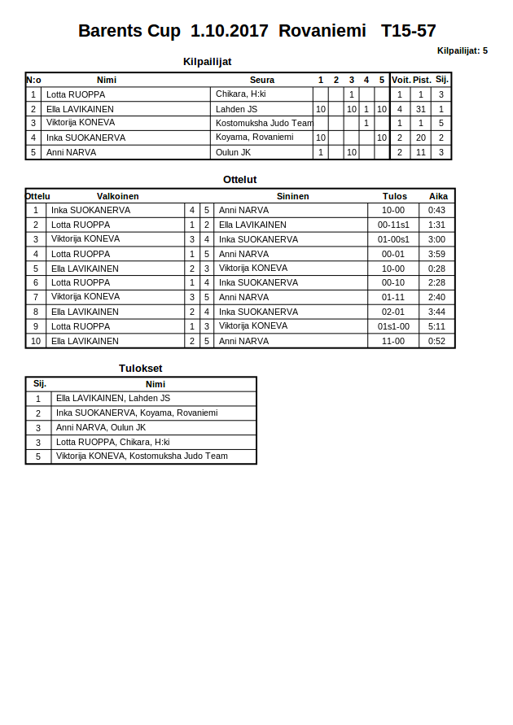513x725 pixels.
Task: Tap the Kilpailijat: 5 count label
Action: coord(462,50)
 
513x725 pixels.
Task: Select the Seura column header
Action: coord(262,80)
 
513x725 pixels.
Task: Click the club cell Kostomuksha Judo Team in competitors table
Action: coord(264,123)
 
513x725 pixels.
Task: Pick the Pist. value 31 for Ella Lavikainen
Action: coord(420,109)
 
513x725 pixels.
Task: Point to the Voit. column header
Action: coord(401,80)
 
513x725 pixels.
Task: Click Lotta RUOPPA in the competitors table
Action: coord(76,94)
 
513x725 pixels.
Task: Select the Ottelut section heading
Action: coord(240,180)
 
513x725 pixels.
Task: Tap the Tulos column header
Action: coord(395,196)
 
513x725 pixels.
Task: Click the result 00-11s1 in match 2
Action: coord(393,225)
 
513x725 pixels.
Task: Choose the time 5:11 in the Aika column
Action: coord(436,326)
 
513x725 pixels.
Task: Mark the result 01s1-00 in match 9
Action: coord(393,326)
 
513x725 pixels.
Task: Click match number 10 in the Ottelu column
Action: coord(36,341)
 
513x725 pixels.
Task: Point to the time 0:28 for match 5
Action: coord(436,269)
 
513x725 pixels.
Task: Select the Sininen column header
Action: coord(292,196)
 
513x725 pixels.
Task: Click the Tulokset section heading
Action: coord(141,369)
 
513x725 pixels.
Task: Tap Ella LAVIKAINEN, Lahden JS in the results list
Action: coord(113,398)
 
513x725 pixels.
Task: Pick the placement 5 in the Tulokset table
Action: coord(38,457)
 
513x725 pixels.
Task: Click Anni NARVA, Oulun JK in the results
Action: coord(101,427)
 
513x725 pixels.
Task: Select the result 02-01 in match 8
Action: coord(393,312)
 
